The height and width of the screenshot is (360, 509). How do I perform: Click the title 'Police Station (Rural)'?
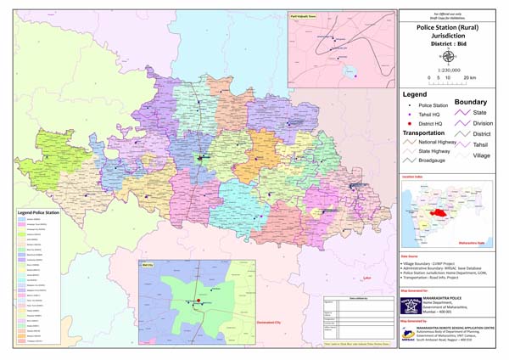pos(446,27)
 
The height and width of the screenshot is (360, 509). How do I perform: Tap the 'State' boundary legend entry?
pos(479,111)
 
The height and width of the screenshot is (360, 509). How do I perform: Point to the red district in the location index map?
pos(441,212)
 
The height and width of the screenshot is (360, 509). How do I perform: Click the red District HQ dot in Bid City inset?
pos(199,300)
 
